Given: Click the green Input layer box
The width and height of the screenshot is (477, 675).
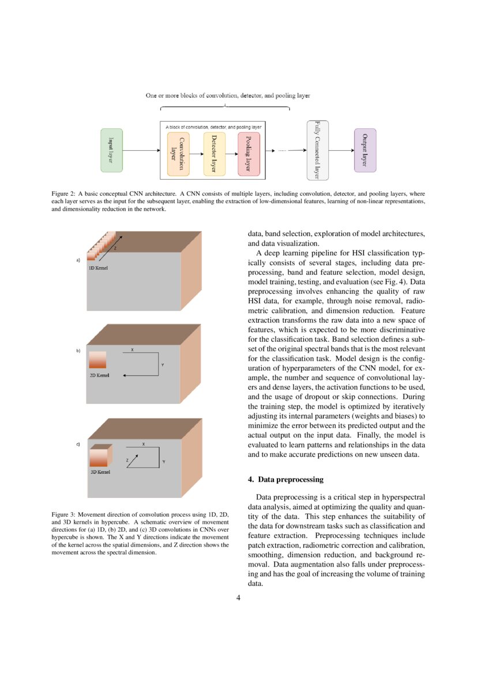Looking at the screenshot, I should coord(111,150).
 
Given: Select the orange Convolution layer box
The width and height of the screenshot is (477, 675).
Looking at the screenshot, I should coord(178,154).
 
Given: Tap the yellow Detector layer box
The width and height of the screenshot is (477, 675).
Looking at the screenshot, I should coord(214,154).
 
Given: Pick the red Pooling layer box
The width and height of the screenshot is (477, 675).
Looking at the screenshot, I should coord(249,154).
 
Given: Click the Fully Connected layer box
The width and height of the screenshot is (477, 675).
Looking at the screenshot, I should coord(317,150).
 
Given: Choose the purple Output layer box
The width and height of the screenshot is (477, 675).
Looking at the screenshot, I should coord(365,150).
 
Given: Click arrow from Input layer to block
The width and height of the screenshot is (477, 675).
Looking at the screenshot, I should coord(141,150).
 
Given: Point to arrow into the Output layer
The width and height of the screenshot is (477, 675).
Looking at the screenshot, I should coord(341,150).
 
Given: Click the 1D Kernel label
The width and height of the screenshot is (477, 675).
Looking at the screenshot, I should coord(98,268).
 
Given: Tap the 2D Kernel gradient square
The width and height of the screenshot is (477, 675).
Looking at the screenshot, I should coord(97,360).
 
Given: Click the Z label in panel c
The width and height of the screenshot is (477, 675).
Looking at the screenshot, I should coord(127,460).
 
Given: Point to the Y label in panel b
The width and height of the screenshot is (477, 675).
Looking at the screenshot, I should coord(162,364).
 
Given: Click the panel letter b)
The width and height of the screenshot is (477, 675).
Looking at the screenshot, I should coord(78,350).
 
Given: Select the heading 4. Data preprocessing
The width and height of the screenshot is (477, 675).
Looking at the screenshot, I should coord(286,479).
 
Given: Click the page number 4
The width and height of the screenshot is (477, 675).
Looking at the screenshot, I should coord(239,598).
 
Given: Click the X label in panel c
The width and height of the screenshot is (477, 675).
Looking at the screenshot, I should coord(143,444).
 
